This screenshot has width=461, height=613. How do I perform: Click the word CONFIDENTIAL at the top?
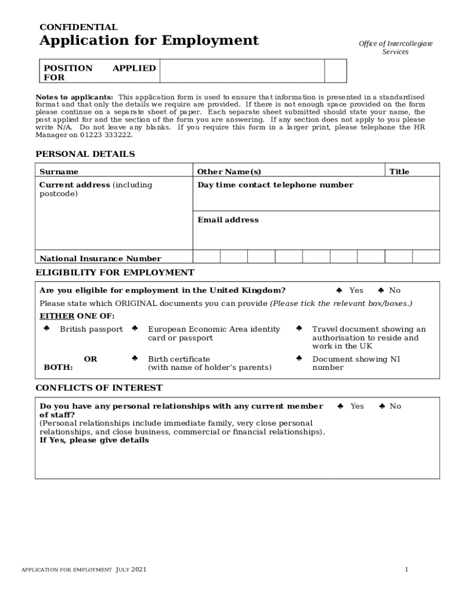tap(78, 27)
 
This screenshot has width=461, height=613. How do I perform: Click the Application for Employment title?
tap(148, 41)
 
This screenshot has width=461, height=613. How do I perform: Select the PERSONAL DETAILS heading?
tap(85, 154)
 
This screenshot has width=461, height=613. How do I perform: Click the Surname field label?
tap(59, 172)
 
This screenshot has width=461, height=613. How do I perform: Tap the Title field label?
tap(399, 172)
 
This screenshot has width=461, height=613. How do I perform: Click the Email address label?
tap(228, 220)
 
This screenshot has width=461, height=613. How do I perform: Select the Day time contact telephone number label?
tap(275, 185)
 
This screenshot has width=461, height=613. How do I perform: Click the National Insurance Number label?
tap(100, 259)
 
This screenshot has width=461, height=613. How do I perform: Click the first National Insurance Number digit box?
tap(207, 256)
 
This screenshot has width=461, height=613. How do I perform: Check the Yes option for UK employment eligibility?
tap(339, 290)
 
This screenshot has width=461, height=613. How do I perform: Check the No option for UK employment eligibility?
tap(381, 290)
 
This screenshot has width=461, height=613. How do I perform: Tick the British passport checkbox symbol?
tap(46, 329)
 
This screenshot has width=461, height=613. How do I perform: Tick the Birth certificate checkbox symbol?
tap(135, 359)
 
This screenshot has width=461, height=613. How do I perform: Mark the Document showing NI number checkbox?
tap(299, 359)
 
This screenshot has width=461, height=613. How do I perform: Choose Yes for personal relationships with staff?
tap(339, 406)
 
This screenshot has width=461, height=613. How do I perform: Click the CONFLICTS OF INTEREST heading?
tap(99, 388)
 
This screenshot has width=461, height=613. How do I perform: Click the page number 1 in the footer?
tap(406, 569)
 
